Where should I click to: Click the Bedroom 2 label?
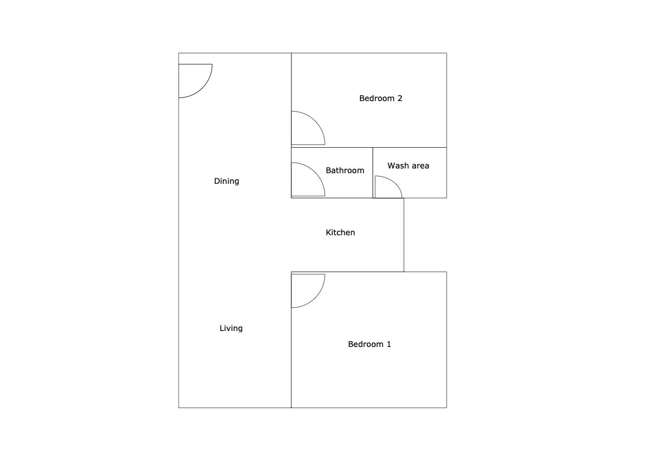coord(381,98)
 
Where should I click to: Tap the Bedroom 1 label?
coord(369,344)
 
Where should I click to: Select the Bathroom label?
coord(344,170)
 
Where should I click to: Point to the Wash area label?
coord(408,166)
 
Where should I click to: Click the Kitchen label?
coord(340,232)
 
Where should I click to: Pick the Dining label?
coord(226,181)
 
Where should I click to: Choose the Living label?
coord(231,328)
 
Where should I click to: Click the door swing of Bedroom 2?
coord(316,121)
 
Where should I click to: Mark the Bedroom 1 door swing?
coord(316,298)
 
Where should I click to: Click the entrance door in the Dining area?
coord(203,88)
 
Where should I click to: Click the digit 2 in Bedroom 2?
coord(399,98)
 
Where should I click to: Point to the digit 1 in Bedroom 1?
coord(389,344)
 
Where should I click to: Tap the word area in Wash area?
coord(420,166)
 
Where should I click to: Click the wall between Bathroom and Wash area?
coord(372,173)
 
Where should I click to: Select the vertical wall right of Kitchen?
coord(404,235)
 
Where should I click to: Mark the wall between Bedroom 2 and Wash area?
coord(409,147)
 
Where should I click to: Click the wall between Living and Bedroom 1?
coord(291,340)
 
